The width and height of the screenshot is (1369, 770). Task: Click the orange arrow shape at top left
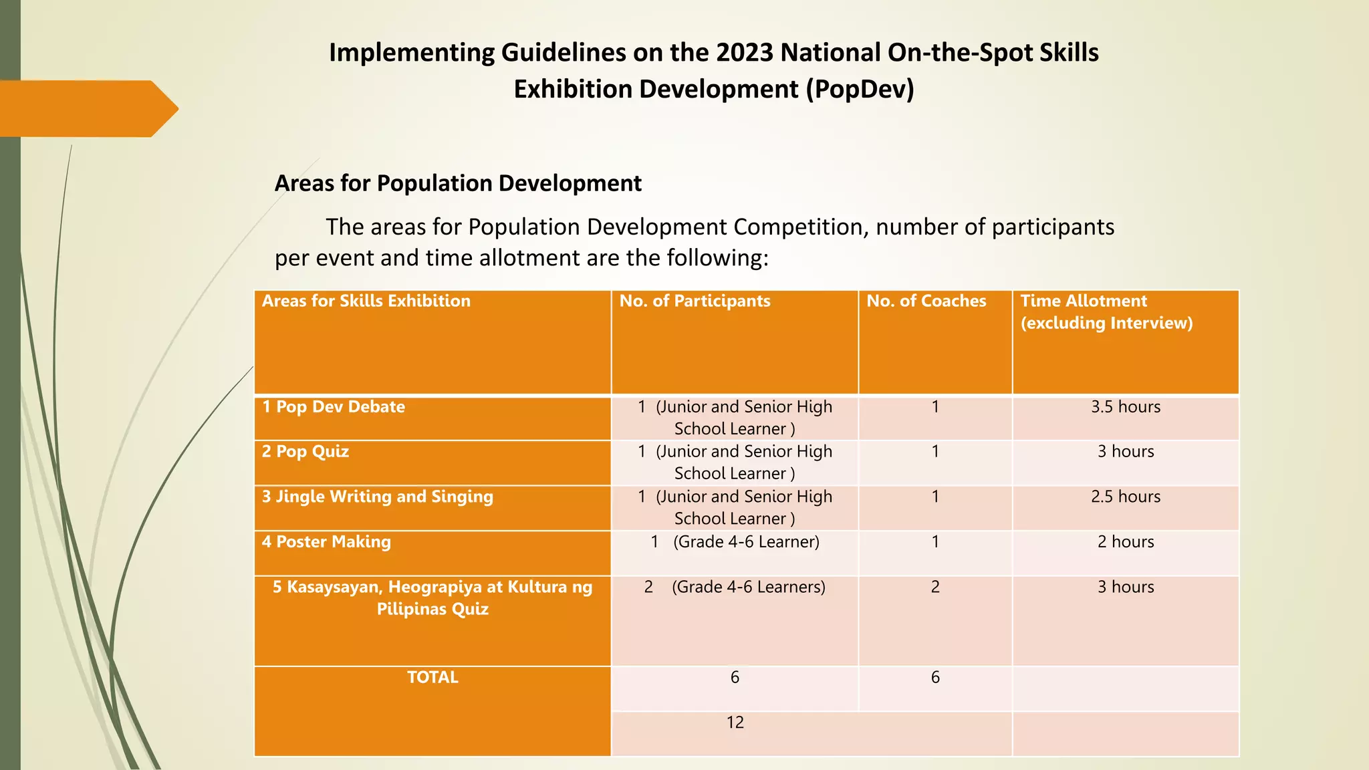(x=87, y=108)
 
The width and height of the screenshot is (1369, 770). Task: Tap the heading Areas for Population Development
(x=458, y=183)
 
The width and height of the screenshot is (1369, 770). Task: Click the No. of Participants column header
(x=695, y=301)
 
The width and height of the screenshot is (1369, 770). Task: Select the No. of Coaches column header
(x=926, y=301)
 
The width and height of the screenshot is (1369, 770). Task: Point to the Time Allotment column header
(x=1106, y=311)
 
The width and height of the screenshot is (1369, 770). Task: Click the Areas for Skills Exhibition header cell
(x=366, y=301)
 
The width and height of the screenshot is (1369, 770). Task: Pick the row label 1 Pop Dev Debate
(x=334, y=407)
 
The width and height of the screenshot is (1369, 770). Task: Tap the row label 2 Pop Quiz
(x=305, y=451)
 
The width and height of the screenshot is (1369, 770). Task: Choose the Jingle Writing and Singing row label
(x=378, y=497)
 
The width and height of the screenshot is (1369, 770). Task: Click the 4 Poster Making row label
(x=326, y=541)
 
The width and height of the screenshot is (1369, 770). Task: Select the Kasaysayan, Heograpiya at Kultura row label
(x=432, y=598)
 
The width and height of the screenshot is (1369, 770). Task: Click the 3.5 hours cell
(x=1126, y=407)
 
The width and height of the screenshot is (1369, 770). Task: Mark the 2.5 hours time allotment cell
(x=1126, y=497)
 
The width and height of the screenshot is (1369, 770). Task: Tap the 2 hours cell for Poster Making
(x=1126, y=541)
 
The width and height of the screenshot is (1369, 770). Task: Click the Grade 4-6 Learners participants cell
(x=735, y=587)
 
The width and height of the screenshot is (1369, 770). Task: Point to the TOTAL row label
(x=432, y=677)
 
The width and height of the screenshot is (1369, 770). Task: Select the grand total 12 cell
(x=735, y=723)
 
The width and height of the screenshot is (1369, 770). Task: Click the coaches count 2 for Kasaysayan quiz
(x=935, y=587)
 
